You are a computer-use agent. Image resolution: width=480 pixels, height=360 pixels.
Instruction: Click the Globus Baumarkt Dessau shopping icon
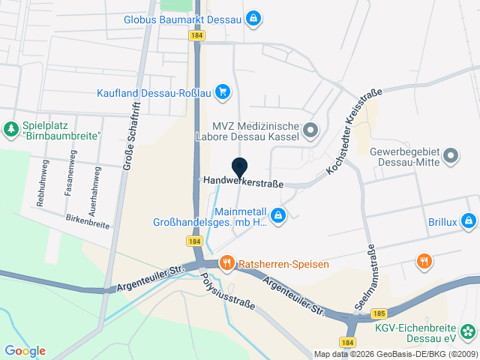coord(253,18)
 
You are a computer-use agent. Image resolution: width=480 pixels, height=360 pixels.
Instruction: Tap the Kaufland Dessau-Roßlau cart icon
coord(222,92)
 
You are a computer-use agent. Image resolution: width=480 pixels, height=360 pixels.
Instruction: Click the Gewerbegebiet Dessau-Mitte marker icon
coord(451,156)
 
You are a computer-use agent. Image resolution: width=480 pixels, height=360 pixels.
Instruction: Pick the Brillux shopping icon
coord(469,221)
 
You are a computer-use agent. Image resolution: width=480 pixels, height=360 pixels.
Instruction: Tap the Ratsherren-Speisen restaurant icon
coord(226,263)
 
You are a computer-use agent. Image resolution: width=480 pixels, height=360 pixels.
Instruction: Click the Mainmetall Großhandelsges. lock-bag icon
coord(278,216)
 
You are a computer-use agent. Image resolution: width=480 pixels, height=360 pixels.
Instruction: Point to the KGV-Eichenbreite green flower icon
coord(469,330)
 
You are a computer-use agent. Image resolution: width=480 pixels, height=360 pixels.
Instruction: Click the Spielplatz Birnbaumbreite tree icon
coord(11,130)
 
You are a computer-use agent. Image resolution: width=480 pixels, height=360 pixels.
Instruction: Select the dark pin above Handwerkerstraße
coord(240,167)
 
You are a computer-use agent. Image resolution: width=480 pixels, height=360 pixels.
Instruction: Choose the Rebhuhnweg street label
coord(42,182)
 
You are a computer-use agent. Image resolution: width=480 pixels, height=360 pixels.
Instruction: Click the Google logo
coord(25,350)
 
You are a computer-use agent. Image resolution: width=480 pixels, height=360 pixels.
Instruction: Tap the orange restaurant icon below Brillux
coord(424,261)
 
